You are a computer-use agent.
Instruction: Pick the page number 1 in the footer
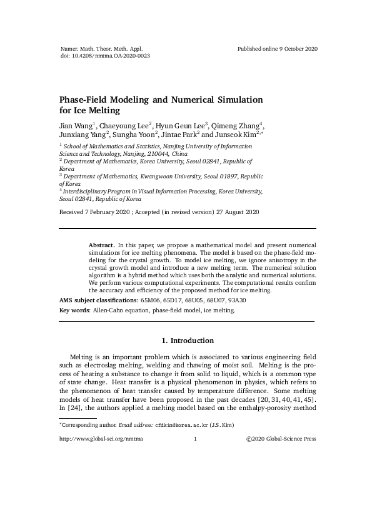point(196,439)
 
